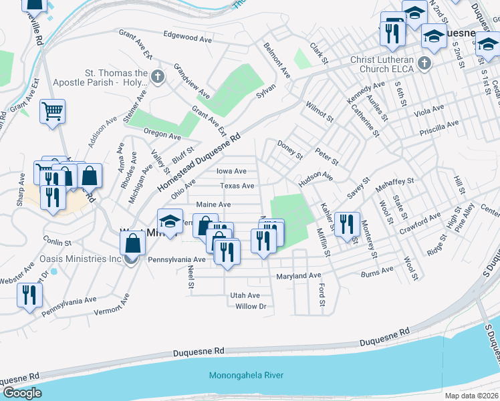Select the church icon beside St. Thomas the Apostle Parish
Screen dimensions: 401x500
click(158, 76)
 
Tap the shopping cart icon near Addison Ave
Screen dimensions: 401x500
click(52, 111)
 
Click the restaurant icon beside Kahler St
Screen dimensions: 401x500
click(346, 224)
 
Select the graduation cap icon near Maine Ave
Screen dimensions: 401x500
click(170, 223)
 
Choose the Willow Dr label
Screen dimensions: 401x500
click(251, 307)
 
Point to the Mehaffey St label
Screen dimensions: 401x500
click(394, 180)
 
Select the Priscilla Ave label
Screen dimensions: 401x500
click(439, 124)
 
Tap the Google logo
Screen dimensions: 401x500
click(22, 393)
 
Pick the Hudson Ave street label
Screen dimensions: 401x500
click(316, 176)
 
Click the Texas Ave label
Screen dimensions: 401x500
click(237, 186)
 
